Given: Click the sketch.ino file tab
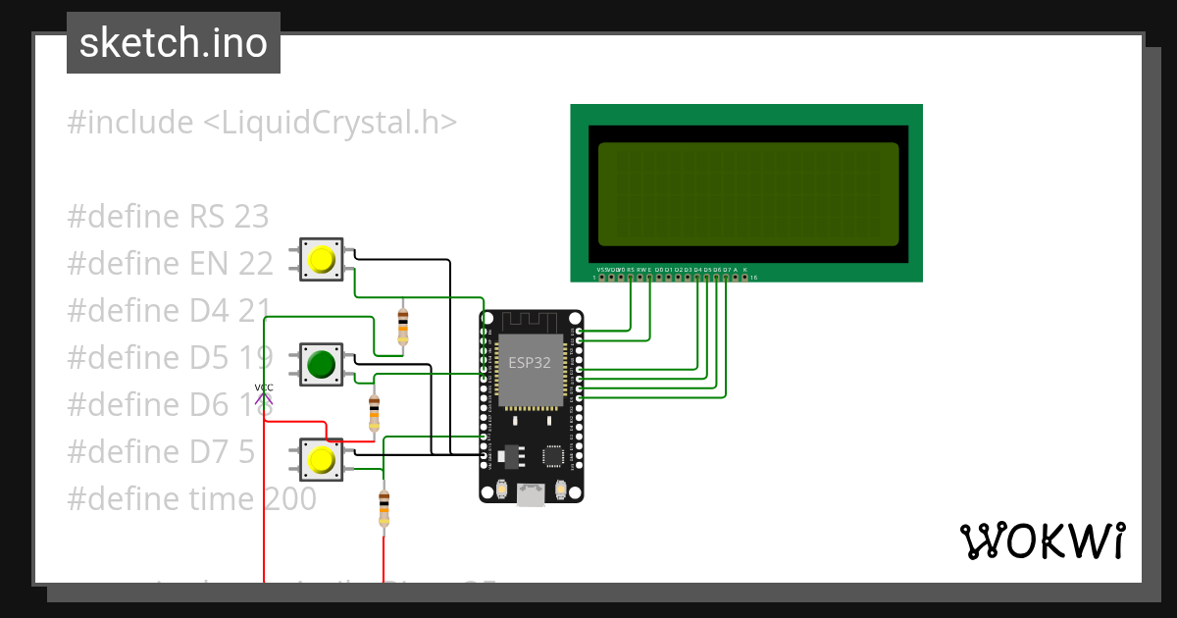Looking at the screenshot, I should coord(174,43).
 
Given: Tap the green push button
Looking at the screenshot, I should coord(321,365).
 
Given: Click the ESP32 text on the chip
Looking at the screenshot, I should coord(529,362).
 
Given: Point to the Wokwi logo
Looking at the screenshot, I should coord(1042,541).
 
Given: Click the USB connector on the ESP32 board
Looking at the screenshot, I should coord(531,495).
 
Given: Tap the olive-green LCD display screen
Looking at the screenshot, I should coord(748,194).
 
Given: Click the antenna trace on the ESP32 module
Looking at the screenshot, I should coord(531,321).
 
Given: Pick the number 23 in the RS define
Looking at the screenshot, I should coord(251,217).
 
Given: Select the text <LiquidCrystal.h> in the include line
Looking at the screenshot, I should coord(330,123).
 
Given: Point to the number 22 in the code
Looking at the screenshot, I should coord(255,264).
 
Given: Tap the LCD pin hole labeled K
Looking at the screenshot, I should coord(745,278).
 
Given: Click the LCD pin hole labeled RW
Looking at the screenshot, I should coord(640,278).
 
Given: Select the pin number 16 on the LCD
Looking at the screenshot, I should coord(753,278).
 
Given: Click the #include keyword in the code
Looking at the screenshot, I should coord(130,123).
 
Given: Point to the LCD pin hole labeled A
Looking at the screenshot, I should coord(736,278).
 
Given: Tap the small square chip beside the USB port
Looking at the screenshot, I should coord(553,456).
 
